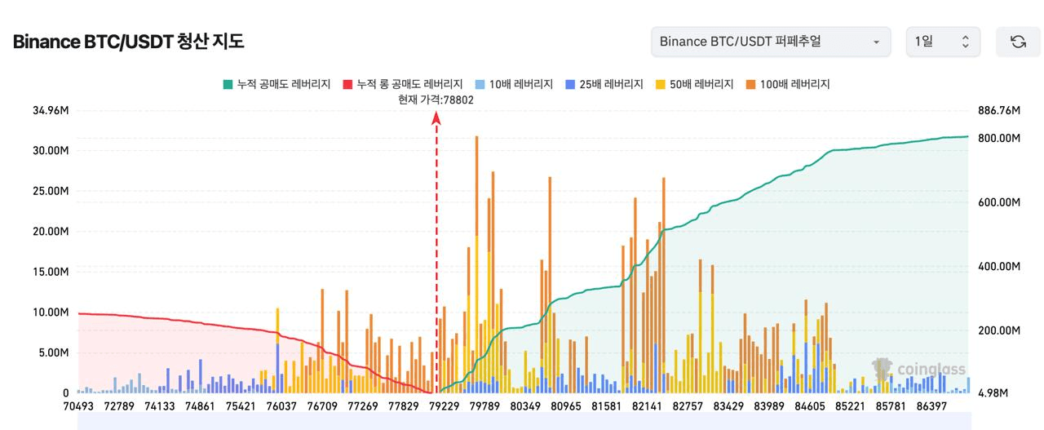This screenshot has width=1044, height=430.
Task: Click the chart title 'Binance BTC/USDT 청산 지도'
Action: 128,42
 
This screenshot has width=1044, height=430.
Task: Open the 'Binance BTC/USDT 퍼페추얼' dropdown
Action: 770,42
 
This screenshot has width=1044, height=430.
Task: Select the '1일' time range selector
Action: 943,42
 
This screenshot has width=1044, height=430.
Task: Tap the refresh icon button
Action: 1018,42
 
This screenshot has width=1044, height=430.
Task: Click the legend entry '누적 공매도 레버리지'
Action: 276,84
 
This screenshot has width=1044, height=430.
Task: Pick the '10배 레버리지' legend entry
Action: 514,84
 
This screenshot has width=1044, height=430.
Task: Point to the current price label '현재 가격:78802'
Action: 436,100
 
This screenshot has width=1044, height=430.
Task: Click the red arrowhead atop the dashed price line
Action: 436,118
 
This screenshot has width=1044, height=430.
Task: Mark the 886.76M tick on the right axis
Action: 998,110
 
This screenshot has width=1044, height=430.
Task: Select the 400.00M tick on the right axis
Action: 998,267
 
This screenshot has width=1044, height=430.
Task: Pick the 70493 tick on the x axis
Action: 81,406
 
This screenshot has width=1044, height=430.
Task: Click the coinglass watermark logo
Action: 918,369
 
